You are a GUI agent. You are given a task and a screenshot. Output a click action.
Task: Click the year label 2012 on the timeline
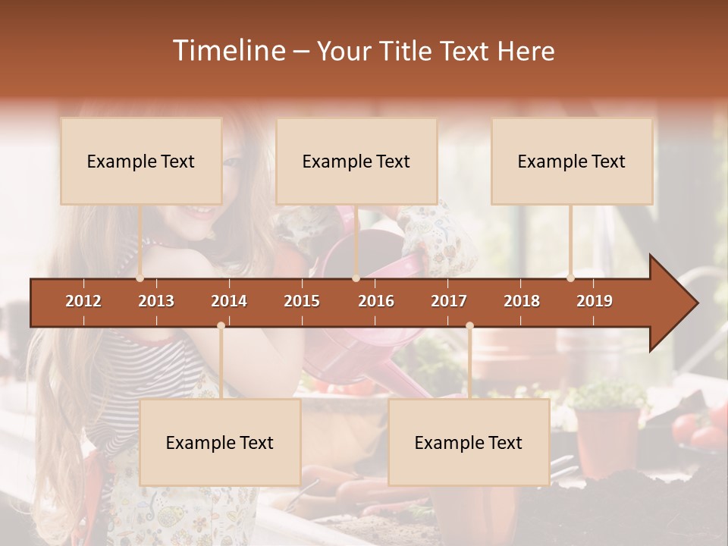click(x=83, y=301)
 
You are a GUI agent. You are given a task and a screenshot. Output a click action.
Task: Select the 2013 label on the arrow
click(x=156, y=301)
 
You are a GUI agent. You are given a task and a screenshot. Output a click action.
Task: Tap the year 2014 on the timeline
click(x=229, y=301)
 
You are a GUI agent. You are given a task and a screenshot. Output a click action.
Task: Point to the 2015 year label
click(x=302, y=301)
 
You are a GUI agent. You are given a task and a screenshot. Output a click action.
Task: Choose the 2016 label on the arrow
click(x=376, y=301)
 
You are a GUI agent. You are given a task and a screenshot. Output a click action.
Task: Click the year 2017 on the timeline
click(x=449, y=301)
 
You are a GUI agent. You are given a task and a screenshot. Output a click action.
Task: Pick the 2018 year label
click(x=522, y=301)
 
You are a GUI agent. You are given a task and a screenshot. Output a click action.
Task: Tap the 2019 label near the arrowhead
click(x=595, y=301)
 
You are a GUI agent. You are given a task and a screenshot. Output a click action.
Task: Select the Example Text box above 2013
click(x=141, y=162)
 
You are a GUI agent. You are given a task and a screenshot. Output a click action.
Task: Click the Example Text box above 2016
click(x=356, y=162)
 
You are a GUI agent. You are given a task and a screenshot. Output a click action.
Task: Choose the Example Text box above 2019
click(x=572, y=162)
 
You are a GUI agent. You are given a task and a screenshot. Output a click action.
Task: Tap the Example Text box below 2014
click(x=220, y=443)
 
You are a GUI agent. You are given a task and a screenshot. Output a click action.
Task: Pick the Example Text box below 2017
click(x=469, y=443)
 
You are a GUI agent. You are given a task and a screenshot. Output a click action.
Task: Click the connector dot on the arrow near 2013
click(x=140, y=278)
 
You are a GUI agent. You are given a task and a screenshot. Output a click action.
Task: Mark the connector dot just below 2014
click(x=221, y=325)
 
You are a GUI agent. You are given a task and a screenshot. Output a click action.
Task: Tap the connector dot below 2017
click(x=469, y=325)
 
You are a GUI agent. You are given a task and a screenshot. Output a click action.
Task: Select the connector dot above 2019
click(x=570, y=278)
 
